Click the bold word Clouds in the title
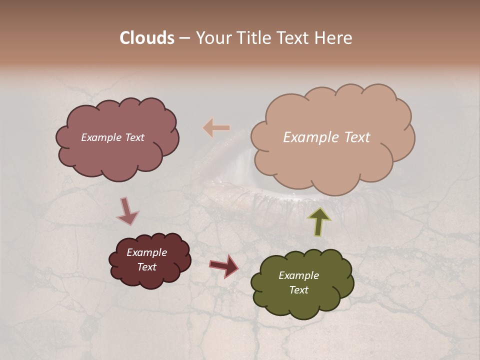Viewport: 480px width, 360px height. (146, 38)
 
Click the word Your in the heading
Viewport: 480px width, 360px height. (213, 38)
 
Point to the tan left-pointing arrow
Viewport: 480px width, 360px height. (216, 128)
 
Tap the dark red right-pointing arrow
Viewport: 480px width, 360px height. (224, 265)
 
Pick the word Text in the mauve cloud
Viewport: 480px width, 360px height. (134, 137)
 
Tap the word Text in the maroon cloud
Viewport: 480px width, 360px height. (146, 267)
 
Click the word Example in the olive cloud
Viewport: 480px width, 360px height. (298, 275)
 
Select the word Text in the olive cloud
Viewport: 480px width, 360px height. (298, 290)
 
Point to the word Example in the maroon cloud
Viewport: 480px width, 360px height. (146, 252)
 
